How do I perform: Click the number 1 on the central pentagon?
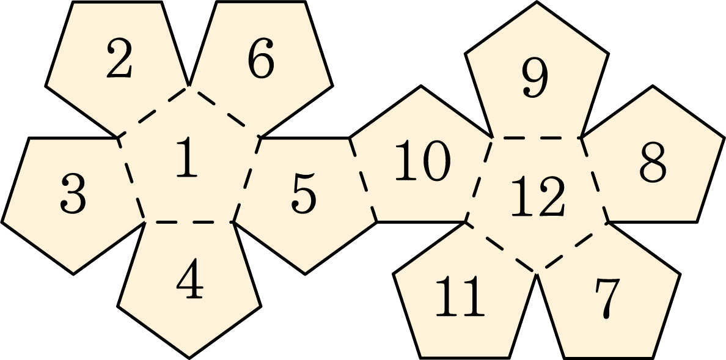pyautogui.click(x=188, y=157)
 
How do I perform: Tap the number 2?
pyautogui.click(x=119, y=58)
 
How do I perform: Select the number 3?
pyautogui.click(x=73, y=194)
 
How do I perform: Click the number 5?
pyautogui.click(x=304, y=194)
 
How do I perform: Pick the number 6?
pyautogui.click(x=261, y=58)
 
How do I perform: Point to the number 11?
pyautogui.click(x=460, y=296)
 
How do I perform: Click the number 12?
pyautogui.click(x=538, y=196)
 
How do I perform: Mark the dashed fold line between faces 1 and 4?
pyautogui.click(x=189, y=222)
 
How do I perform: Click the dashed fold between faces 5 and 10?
pyautogui.click(x=363, y=180)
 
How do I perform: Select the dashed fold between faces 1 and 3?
pyautogui.click(x=131, y=180)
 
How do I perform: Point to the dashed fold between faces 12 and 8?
pyautogui.click(x=595, y=180)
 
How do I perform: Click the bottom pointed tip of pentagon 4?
pyautogui.click(x=189, y=358)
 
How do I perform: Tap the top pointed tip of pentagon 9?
pyautogui.click(x=537, y=2)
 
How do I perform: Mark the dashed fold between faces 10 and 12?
pyautogui.click(x=479, y=180)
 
